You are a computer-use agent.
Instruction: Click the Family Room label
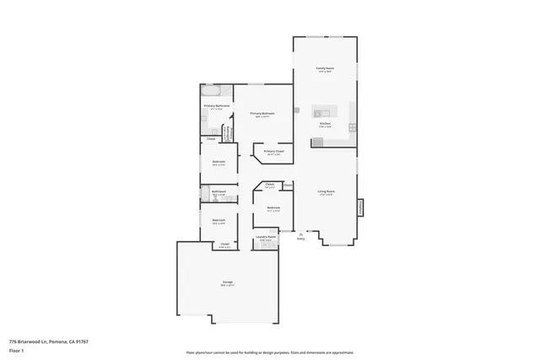point(324,69)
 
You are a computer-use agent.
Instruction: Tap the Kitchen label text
point(324,123)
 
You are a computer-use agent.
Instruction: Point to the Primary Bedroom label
point(262,114)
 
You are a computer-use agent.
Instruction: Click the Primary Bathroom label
point(216,106)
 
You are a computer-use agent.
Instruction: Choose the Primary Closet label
point(274,153)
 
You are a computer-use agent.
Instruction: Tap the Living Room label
point(327,192)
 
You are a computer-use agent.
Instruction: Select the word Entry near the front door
point(300,239)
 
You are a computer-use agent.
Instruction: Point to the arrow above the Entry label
point(300,233)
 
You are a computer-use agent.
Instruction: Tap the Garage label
point(227,282)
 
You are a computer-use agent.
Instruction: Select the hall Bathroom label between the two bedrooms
point(218,192)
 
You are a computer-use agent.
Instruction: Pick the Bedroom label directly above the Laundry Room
point(273,208)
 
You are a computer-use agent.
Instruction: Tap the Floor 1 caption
point(15,352)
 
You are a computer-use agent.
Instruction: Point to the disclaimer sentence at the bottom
point(269,352)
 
